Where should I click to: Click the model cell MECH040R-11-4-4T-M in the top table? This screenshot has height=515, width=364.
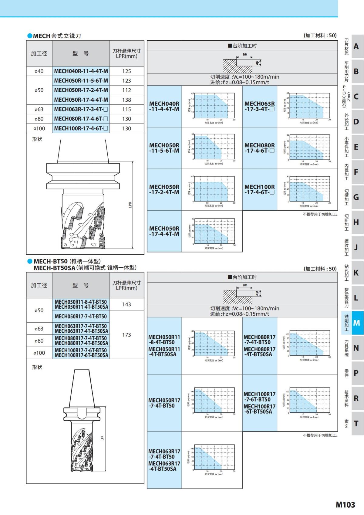(x=81, y=71)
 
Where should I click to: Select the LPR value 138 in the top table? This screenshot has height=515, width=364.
(x=126, y=100)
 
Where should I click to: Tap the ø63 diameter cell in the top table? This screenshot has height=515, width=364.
(x=39, y=109)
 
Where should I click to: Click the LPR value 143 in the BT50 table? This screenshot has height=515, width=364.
(x=126, y=304)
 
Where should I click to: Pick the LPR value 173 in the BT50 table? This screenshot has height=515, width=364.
(x=126, y=335)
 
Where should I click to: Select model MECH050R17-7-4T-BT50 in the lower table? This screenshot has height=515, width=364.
(x=81, y=316)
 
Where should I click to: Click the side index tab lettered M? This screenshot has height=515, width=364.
(x=356, y=323)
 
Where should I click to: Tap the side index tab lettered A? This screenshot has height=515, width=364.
(x=356, y=46)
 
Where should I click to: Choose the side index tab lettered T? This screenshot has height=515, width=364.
(x=356, y=423)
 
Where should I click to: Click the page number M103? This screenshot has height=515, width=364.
(x=345, y=505)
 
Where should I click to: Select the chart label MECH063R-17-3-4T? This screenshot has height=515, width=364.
(x=259, y=106)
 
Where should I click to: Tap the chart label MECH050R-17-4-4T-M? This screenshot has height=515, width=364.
(x=164, y=231)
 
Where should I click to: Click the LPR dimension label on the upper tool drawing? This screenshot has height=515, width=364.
(x=130, y=205)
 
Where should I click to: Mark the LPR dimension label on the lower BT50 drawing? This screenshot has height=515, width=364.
(x=103, y=438)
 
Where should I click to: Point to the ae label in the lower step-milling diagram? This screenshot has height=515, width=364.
(x=245, y=285)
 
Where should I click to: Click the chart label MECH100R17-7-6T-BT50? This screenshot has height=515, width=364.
(x=259, y=397)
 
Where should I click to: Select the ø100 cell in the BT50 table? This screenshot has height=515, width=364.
(x=39, y=353)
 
